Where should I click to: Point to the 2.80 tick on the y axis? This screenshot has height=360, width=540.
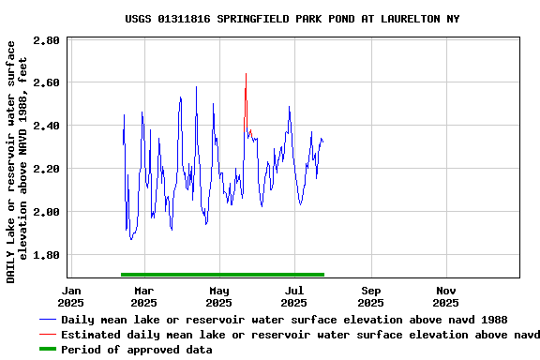pos(46,40)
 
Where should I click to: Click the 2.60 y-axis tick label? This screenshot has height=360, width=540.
pos(46,82)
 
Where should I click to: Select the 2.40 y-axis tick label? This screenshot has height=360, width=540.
pos(46,126)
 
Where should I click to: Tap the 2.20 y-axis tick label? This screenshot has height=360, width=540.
pos(46,169)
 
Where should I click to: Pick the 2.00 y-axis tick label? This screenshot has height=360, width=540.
pos(46,212)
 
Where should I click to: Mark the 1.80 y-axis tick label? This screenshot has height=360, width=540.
pos(46,255)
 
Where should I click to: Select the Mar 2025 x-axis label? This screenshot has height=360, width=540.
pos(143,296)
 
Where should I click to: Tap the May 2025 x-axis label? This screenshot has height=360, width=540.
pos(219,296)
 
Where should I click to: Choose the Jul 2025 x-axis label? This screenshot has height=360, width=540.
pos(294,296)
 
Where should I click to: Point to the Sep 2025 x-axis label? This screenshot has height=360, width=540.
pos(370,296)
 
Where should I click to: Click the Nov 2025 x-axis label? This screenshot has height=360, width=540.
pos(446,296)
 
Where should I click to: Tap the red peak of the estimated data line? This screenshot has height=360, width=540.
pos(246,74)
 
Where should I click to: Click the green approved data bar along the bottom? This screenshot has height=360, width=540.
pos(222,275)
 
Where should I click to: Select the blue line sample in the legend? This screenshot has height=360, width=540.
pos(47,320)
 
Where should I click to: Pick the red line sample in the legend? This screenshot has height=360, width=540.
pos(47,335)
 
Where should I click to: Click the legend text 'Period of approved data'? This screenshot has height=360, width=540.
pos(136,350)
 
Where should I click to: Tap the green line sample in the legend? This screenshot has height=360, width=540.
pos(47,350)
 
